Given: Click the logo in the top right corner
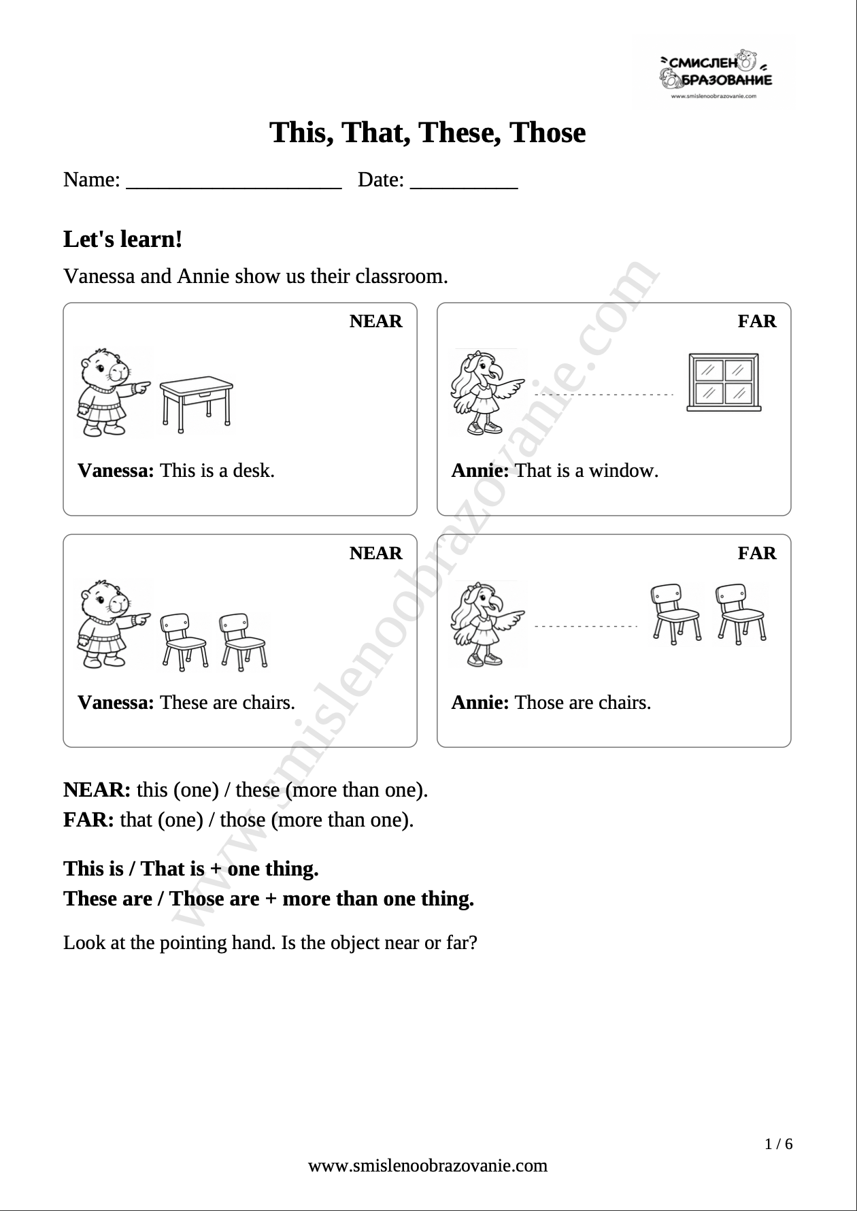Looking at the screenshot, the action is pyautogui.click(x=713, y=71).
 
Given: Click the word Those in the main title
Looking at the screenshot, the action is pyautogui.click(x=548, y=133).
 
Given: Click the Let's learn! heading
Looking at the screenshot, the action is pyautogui.click(x=123, y=239).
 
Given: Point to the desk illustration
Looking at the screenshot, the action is pyautogui.click(x=196, y=406).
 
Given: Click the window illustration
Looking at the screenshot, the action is pyautogui.click(x=723, y=382).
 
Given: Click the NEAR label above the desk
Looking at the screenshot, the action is pyautogui.click(x=376, y=321).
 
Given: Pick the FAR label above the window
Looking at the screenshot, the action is pyautogui.click(x=757, y=321).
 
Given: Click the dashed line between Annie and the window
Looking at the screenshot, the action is pyautogui.click(x=604, y=395).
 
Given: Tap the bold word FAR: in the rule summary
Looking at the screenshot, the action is pyautogui.click(x=89, y=820).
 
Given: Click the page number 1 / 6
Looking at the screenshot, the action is pyautogui.click(x=779, y=1144).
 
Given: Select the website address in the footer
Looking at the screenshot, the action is pyautogui.click(x=428, y=1166).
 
